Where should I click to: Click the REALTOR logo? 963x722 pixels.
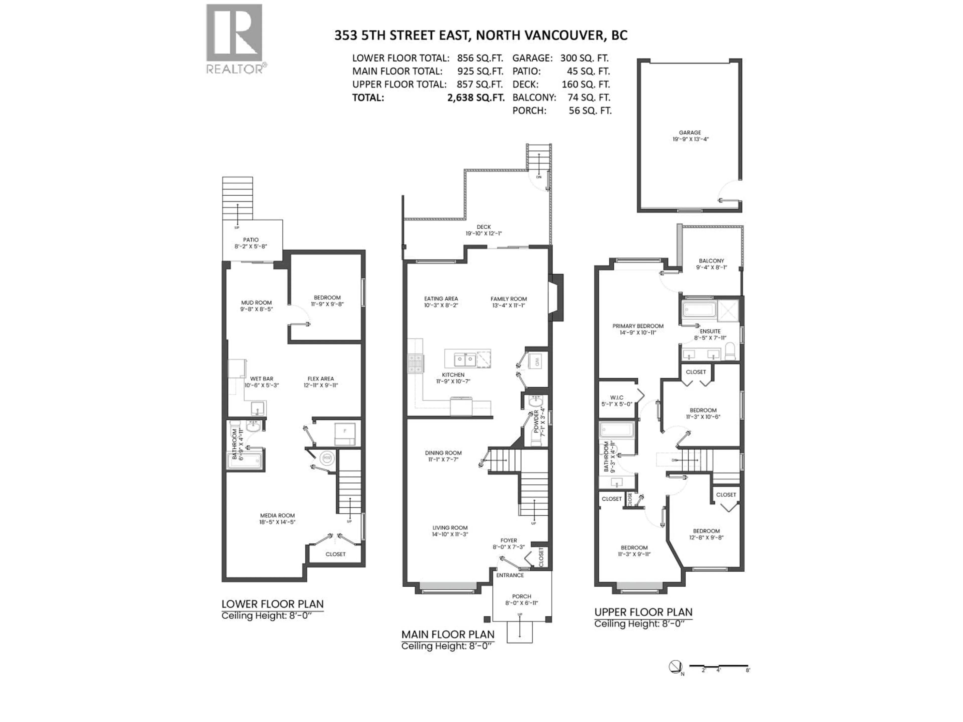coord(234,39)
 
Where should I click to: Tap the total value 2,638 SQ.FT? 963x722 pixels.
coord(476,98)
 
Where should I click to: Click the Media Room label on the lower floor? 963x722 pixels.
coord(277,519)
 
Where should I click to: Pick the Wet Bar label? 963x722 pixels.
coord(261,382)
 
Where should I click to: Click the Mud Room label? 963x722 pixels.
coord(256,306)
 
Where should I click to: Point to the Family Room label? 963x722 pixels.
coord(509,302)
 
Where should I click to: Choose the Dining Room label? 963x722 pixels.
coord(443,456)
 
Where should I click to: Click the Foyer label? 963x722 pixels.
coord(509,543)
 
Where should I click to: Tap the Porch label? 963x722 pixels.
coord(522,599)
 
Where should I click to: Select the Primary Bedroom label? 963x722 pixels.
coord(638,329)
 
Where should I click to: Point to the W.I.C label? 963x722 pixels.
coord(616,400)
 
